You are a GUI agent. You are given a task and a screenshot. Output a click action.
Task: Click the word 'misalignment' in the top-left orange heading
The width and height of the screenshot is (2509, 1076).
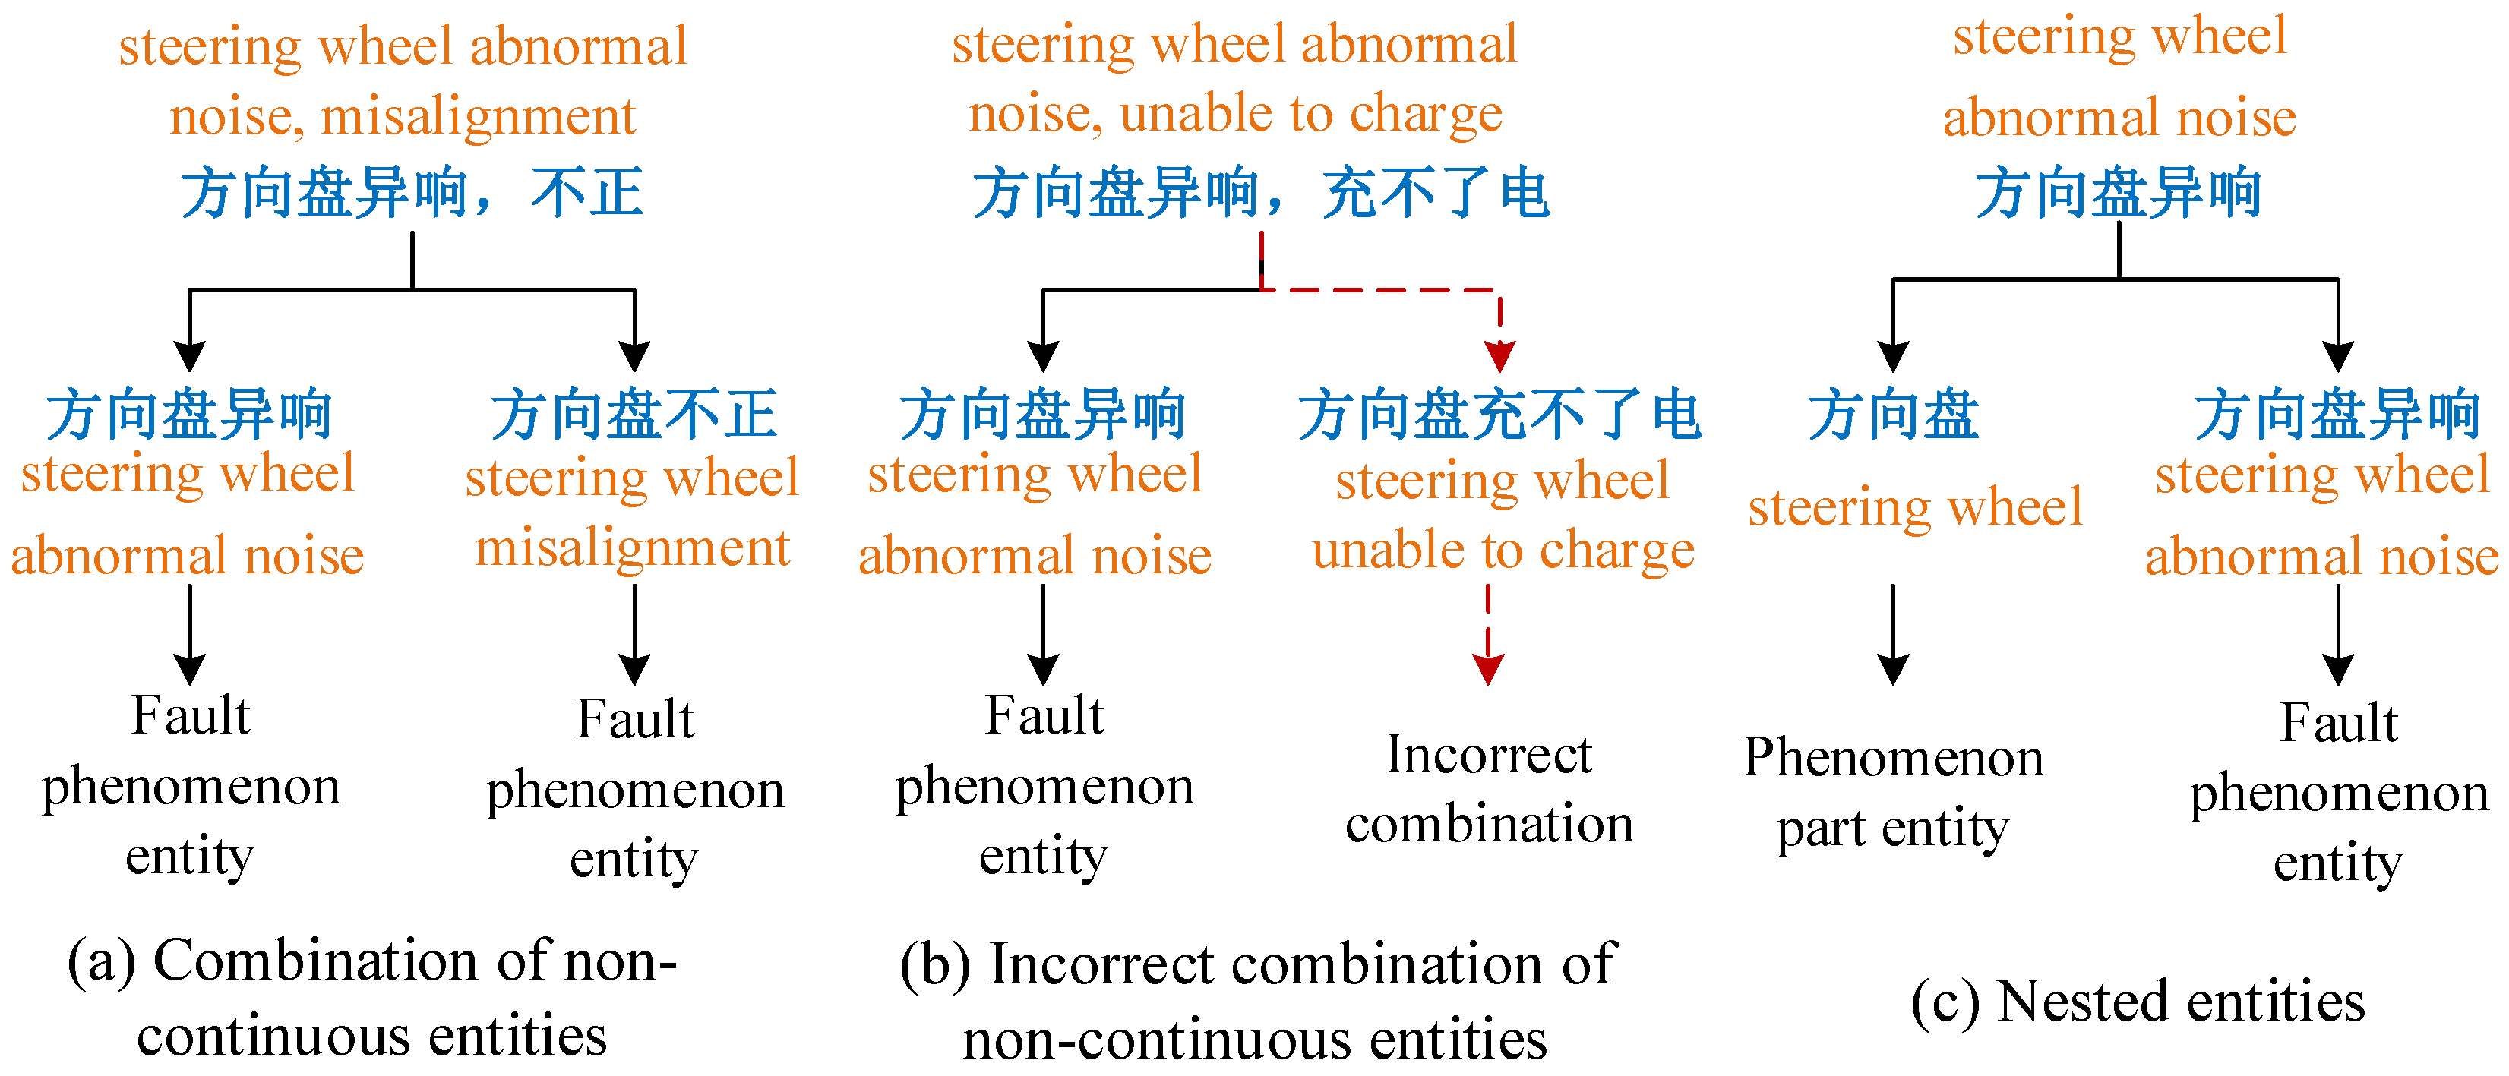coord(479,117)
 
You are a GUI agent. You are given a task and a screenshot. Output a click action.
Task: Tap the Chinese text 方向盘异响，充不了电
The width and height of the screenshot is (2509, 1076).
coord(1260,192)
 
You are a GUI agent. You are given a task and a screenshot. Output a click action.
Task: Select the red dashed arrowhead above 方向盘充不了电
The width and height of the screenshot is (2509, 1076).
coord(1500,356)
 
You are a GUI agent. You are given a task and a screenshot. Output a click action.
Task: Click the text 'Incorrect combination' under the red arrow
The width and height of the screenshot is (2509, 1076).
coord(1490,789)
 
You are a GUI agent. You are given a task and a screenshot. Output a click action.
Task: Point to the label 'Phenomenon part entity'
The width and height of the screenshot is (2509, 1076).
coord(1892,793)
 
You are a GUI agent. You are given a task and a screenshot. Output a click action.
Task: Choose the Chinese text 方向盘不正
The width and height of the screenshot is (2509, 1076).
coord(634,415)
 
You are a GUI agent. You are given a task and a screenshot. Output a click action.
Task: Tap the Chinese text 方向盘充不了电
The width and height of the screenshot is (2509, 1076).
coord(1500,415)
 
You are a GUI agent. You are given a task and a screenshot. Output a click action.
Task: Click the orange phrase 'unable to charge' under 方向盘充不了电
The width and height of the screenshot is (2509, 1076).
coord(1503,551)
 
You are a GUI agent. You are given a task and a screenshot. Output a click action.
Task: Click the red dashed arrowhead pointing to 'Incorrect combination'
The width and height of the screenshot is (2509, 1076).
coord(1488,670)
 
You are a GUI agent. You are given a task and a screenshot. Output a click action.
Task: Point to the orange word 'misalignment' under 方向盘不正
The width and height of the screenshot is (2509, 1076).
coord(632,548)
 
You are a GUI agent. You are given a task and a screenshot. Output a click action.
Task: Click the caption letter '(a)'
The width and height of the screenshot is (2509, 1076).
coord(101,962)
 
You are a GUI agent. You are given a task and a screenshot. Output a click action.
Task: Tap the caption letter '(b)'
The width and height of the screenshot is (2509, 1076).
coord(935,966)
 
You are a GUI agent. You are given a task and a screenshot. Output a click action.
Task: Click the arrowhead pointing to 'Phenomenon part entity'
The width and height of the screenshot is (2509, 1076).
coord(1892,670)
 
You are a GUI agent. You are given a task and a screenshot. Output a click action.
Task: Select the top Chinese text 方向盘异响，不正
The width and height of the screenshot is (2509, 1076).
coord(412,192)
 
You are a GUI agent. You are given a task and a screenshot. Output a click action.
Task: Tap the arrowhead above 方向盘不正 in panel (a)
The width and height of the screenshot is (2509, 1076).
coord(634,356)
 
